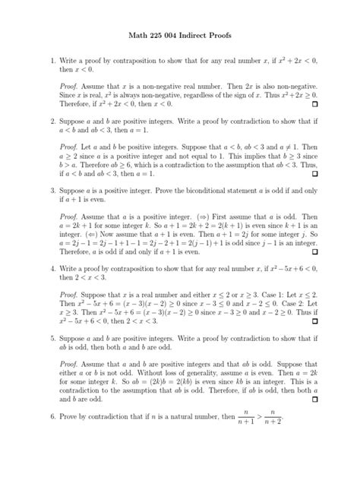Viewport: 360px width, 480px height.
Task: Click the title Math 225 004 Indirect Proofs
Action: point(179,35)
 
